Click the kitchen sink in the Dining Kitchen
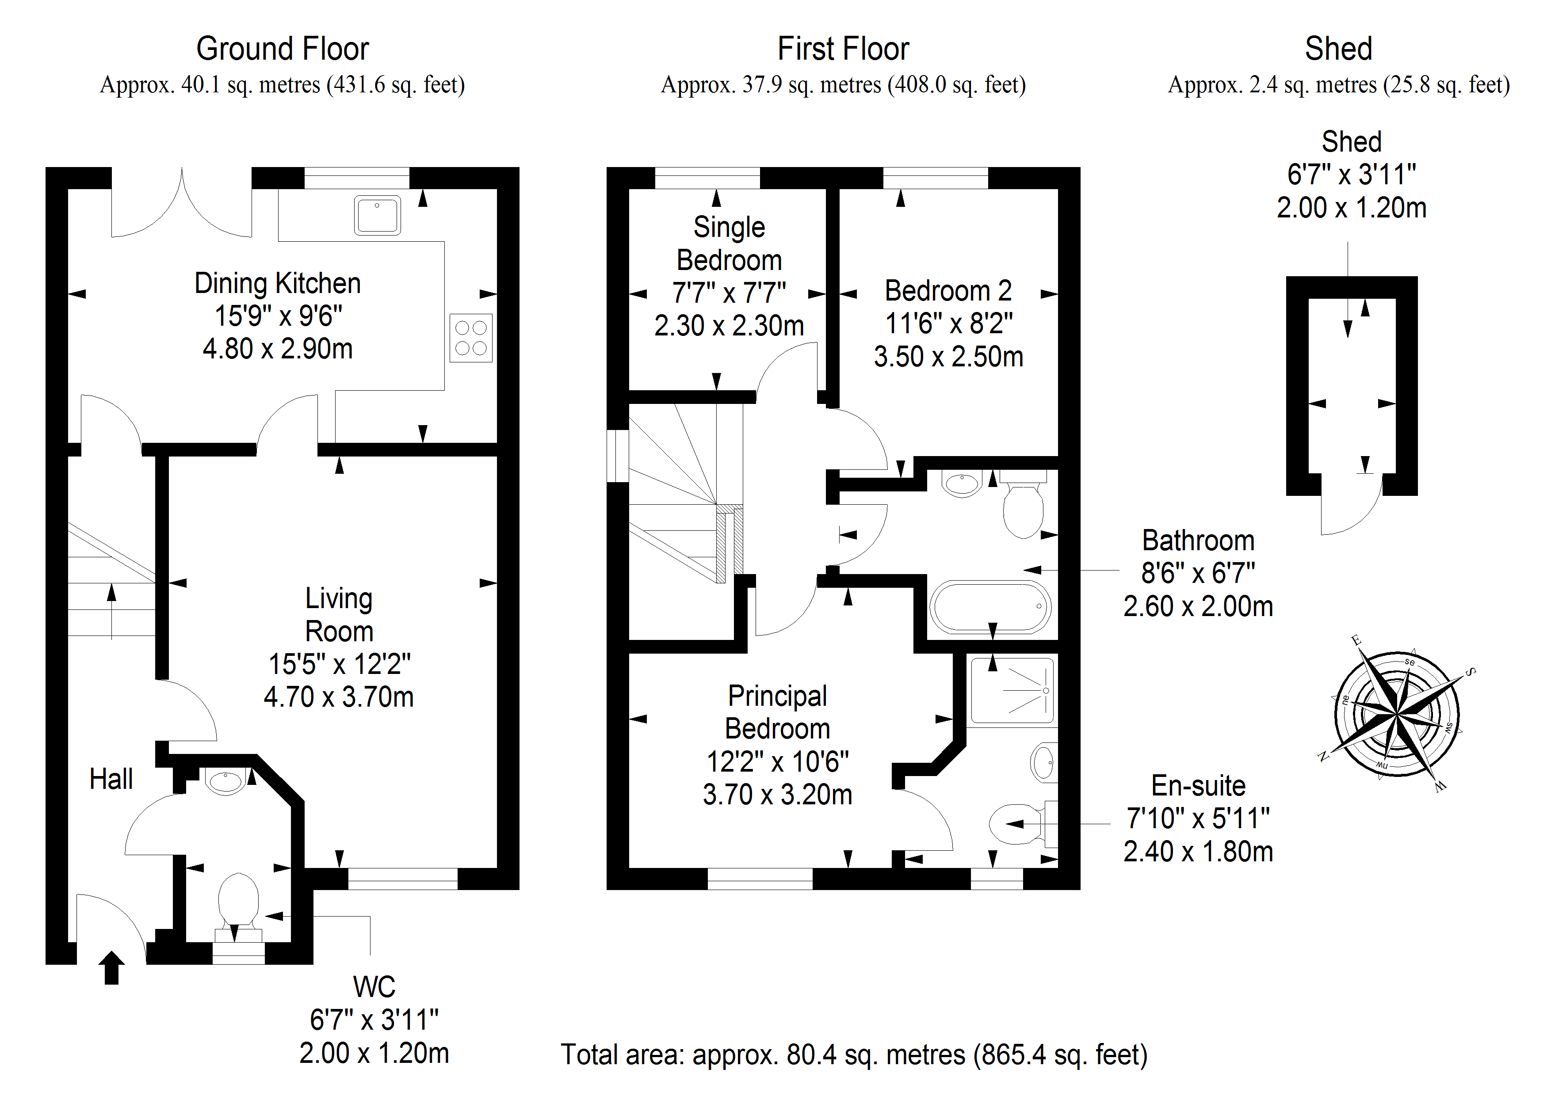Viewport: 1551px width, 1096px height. click(x=377, y=215)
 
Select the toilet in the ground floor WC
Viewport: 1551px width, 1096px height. click(x=238, y=902)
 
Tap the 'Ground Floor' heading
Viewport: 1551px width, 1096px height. click(x=283, y=49)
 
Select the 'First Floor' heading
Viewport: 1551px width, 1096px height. click(x=843, y=49)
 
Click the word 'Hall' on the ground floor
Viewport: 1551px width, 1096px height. click(x=111, y=779)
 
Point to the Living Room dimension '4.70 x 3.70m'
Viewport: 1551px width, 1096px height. click(x=338, y=696)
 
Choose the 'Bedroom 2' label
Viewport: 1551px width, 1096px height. click(x=948, y=290)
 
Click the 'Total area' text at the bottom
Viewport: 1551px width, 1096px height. click(x=854, y=1054)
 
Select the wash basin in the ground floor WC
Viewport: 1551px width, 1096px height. click(x=225, y=781)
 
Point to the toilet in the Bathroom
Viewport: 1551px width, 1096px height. click(x=1023, y=510)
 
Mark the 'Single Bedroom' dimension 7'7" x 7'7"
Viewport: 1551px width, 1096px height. click(x=729, y=293)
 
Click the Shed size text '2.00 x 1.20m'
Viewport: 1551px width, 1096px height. click(x=1351, y=207)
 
